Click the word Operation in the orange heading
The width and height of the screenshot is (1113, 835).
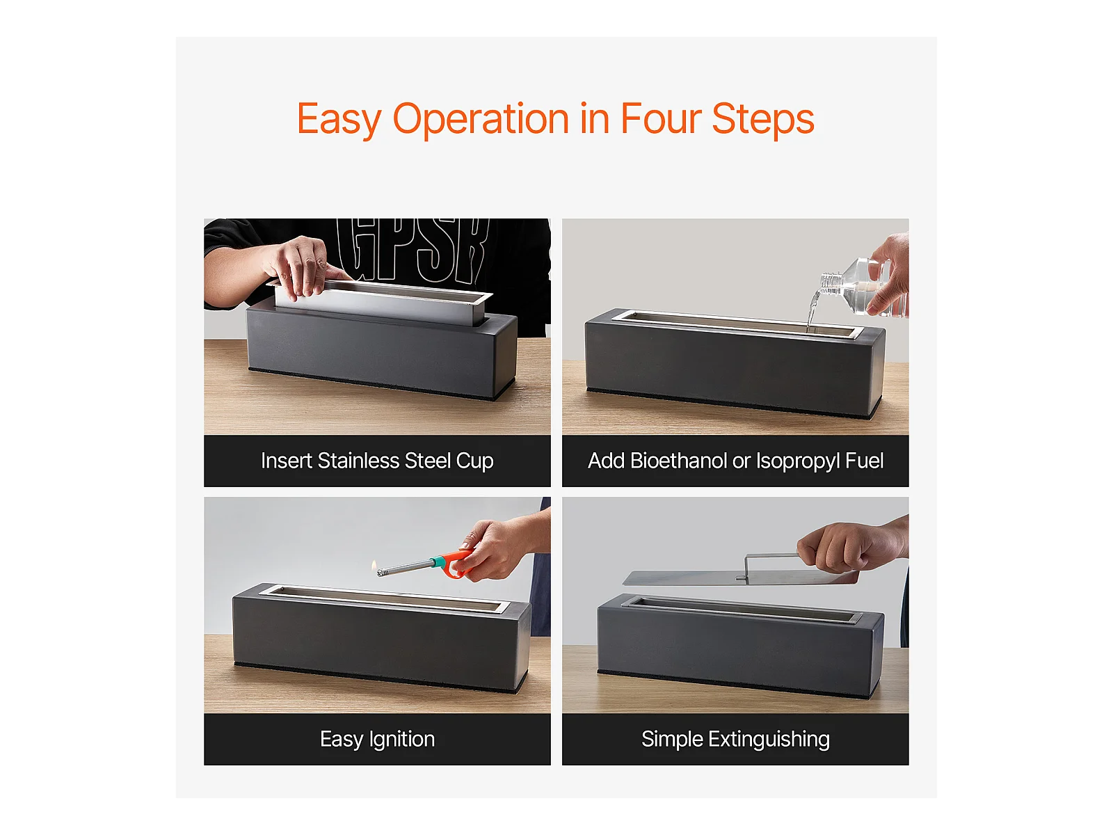(481, 119)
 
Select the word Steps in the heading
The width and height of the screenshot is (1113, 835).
(762, 119)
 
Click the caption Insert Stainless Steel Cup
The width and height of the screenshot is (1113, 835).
(377, 461)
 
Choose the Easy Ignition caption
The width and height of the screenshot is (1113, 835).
(377, 739)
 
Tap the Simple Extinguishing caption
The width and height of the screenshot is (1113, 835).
(735, 739)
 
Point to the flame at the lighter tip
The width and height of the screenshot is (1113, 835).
(374, 565)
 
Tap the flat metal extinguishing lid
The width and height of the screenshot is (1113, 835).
(740, 577)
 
